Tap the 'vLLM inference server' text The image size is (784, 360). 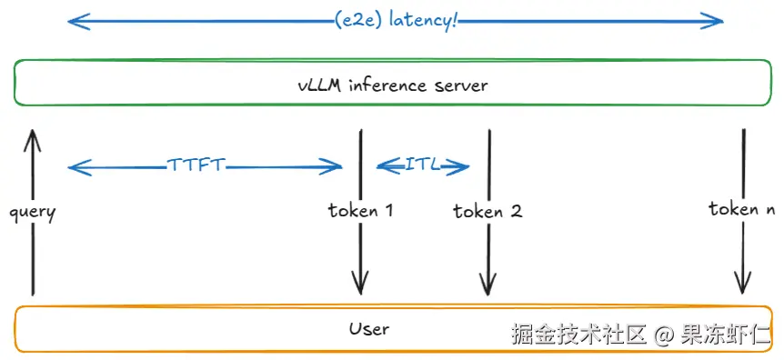(x=393, y=85)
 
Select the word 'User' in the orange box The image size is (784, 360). (x=369, y=328)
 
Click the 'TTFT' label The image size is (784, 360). (x=196, y=165)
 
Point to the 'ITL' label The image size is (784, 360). (x=422, y=165)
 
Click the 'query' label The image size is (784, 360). (x=32, y=213)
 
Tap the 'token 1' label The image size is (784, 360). (x=360, y=211)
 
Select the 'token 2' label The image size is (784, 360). (x=487, y=212)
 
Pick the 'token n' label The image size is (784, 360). (x=741, y=209)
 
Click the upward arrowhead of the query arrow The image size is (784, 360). (x=32, y=136)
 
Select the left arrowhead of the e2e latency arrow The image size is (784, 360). (x=73, y=20)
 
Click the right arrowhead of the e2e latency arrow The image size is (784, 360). (x=719, y=20)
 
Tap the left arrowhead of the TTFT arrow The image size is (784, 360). (x=73, y=166)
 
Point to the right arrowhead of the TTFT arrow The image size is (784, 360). (x=337, y=166)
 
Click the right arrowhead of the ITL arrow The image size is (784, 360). (x=464, y=166)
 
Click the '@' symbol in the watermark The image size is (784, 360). (x=663, y=335)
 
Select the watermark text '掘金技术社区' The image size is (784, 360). (x=578, y=335)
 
